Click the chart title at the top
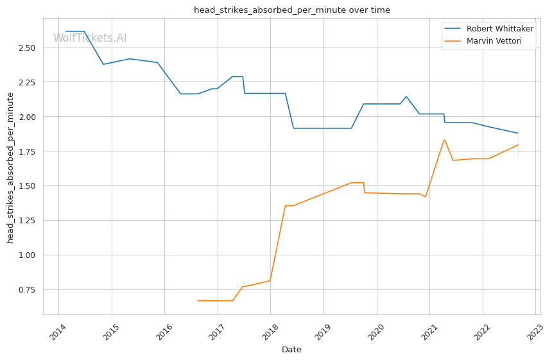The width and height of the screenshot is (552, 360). tap(291, 10)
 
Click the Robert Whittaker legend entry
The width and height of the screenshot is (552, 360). tap(499, 29)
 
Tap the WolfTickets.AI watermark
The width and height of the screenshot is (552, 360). tap(90, 39)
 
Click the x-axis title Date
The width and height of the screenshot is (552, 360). tap(291, 350)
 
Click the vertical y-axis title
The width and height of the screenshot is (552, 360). tap(10, 167)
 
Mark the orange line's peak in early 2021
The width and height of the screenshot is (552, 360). tap(444, 140)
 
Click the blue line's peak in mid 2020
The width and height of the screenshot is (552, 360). tap(406, 96)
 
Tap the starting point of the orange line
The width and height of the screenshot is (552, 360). tap(198, 301)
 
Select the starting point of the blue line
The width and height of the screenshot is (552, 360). tap(65, 31)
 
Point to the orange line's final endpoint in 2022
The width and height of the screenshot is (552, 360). tap(518, 144)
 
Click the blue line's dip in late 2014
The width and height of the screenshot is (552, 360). tap(103, 64)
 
